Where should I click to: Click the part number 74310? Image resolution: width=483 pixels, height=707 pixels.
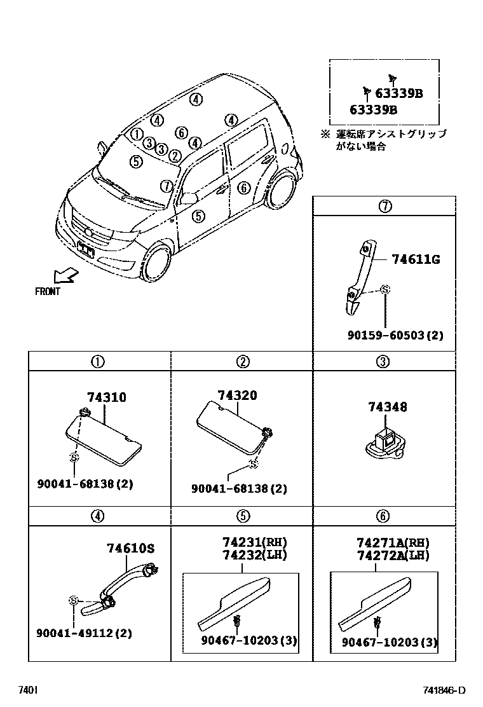click(106, 397)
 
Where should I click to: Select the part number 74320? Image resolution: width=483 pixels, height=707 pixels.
click(237, 395)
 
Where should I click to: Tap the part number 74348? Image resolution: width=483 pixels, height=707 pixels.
click(387, 407)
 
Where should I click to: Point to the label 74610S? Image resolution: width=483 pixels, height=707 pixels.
click(130, 549)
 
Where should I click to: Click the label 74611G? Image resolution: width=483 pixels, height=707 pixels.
click(416, 259)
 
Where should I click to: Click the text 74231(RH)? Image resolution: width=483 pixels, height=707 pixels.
click(254, 542)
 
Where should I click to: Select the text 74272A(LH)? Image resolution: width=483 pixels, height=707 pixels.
click(393, 555)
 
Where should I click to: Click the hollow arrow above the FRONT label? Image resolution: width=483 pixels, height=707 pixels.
click(65, 275)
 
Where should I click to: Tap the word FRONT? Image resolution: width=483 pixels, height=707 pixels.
click(48, 292)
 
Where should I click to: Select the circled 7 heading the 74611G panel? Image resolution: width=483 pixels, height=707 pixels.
click(384, 206)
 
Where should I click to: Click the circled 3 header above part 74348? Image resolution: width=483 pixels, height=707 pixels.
click(383, 362)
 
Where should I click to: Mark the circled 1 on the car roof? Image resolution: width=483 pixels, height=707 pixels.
click(136, 134)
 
